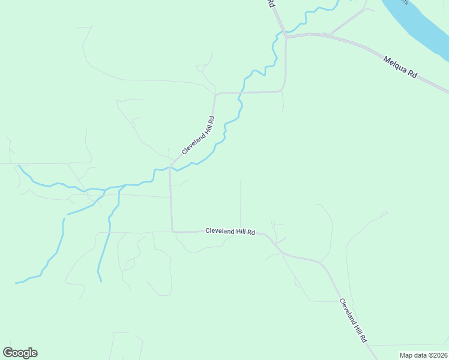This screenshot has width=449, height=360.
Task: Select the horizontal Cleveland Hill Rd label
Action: [231, 231]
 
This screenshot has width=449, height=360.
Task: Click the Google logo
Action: [20, 353]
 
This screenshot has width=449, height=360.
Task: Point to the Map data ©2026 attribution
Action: [423, 355]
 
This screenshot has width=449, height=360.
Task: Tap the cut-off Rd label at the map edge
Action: [271, 4]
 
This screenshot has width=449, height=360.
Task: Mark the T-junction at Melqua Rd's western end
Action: [286, 37]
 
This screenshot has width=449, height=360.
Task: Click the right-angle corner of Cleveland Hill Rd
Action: [172, 231]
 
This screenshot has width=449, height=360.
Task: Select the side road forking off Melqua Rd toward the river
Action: [348, 21]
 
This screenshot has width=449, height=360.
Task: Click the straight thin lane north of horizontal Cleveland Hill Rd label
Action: [241, 204]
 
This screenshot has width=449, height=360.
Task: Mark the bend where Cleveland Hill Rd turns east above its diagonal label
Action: [215, 94]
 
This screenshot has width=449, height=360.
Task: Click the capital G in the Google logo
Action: [8, 353]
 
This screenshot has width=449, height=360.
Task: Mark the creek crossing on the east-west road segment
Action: [241, 93]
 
